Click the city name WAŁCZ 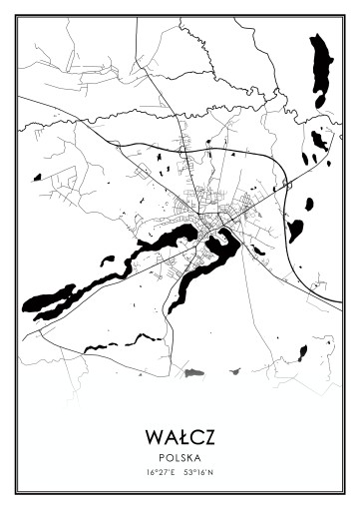pyautogui.click(x=180, y=437)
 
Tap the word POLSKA pyautogui.click(x=180, y=456)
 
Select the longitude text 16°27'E pyautogui.click(x=161, y=471)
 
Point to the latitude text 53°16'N pyautogui.click(x=199, y=471)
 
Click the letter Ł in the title pyautogui.click(x=180, y=437)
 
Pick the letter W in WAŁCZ pyautogui.click(x=152, y=437)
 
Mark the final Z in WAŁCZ pyautogui.click(x=209, y=437)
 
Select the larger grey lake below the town pyautogui.click(x=192, y=372)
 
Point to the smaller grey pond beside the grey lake pyautogui.click(x=234, y=371)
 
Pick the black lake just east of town pyautogui.click(x=295, y=231)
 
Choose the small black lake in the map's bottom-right pyautogui.click(x=302, y=351)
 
